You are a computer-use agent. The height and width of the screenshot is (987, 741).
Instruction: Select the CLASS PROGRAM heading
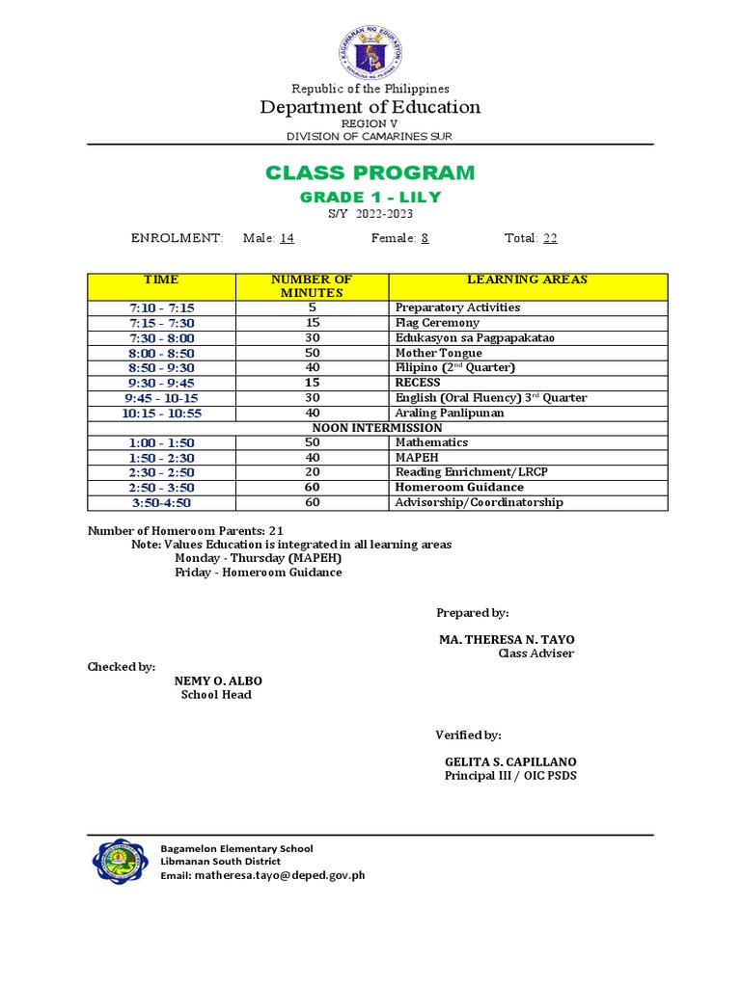point(370,173)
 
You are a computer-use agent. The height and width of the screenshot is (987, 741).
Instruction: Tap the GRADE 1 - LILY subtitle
point(370,197)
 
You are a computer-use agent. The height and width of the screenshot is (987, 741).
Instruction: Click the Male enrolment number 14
point(287,238)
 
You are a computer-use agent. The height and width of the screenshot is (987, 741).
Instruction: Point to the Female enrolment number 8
point(425,238)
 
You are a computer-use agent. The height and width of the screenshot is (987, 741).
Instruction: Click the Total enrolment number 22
point(550,238)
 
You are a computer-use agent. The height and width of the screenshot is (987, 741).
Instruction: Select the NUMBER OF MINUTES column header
point(312,286)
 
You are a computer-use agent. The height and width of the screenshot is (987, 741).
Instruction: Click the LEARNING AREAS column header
point(527,280)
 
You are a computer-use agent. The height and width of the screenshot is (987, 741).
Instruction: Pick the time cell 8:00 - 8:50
point(161,353)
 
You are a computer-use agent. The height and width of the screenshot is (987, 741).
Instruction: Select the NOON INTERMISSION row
point(377,427)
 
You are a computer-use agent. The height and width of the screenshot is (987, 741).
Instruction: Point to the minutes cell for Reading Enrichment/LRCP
point(312,472)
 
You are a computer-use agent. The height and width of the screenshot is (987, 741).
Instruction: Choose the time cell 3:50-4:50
point(161,502)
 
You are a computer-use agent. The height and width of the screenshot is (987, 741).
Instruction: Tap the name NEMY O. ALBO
point(217,680)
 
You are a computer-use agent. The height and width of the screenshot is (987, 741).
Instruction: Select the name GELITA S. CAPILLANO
point(511,761)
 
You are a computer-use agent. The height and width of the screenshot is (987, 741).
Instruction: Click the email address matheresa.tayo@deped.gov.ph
point(279,875)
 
